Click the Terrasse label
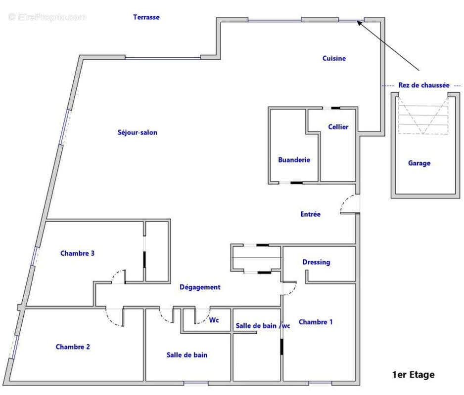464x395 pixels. (x=146, y=17)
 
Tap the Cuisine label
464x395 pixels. (x=334, y=58)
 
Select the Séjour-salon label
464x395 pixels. (x=138, y=132)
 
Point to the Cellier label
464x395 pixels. (x=338, y=127)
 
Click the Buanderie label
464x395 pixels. (x=294, y=160)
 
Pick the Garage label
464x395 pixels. (x=419, y=163)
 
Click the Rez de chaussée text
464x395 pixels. (x=424, y=85)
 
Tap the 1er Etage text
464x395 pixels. (x=414, y=375)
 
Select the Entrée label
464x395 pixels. (x=311, y=214)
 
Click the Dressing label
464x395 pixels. (x=316, y=262)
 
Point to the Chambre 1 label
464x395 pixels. (x=316, y=322)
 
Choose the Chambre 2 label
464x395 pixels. (x=73, y=347)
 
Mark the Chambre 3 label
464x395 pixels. (x=77, y=253)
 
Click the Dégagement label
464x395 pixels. (x=200, y=287)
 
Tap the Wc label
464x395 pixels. (x=214, y=320)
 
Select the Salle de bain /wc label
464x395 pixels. (x=263, y=325)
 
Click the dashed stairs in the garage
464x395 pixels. (x=423, y=116)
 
